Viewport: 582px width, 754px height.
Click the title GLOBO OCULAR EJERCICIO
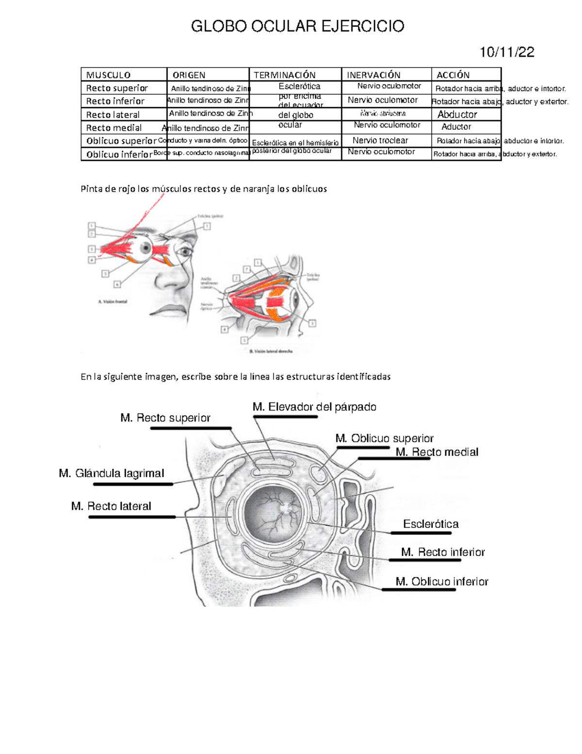coord(297,26)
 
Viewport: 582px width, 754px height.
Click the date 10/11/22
coord(507,52)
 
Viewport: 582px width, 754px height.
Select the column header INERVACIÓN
coord(373,75)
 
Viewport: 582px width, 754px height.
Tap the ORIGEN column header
coord(189,75)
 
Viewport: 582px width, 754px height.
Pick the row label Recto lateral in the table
coord(113,115)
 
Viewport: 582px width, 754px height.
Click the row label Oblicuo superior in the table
coord(121,141)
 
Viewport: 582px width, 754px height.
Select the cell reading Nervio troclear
coord(380,140)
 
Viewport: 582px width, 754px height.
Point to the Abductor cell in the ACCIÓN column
coord(457,115)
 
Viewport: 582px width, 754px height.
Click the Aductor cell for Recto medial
coord(456,127)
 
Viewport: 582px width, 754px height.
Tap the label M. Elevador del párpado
coord(314,407)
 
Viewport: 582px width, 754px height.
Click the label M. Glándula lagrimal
coord(112,473)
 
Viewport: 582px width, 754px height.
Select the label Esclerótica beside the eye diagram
coord(431,524)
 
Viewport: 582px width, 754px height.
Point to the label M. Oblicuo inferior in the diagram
coord(442,582)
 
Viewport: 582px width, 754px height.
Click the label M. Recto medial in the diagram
coord(437,452)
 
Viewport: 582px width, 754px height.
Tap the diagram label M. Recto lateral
coord(111,506)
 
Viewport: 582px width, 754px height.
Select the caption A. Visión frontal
coord(113,302)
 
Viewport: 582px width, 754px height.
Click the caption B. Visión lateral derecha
coord(271,351)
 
